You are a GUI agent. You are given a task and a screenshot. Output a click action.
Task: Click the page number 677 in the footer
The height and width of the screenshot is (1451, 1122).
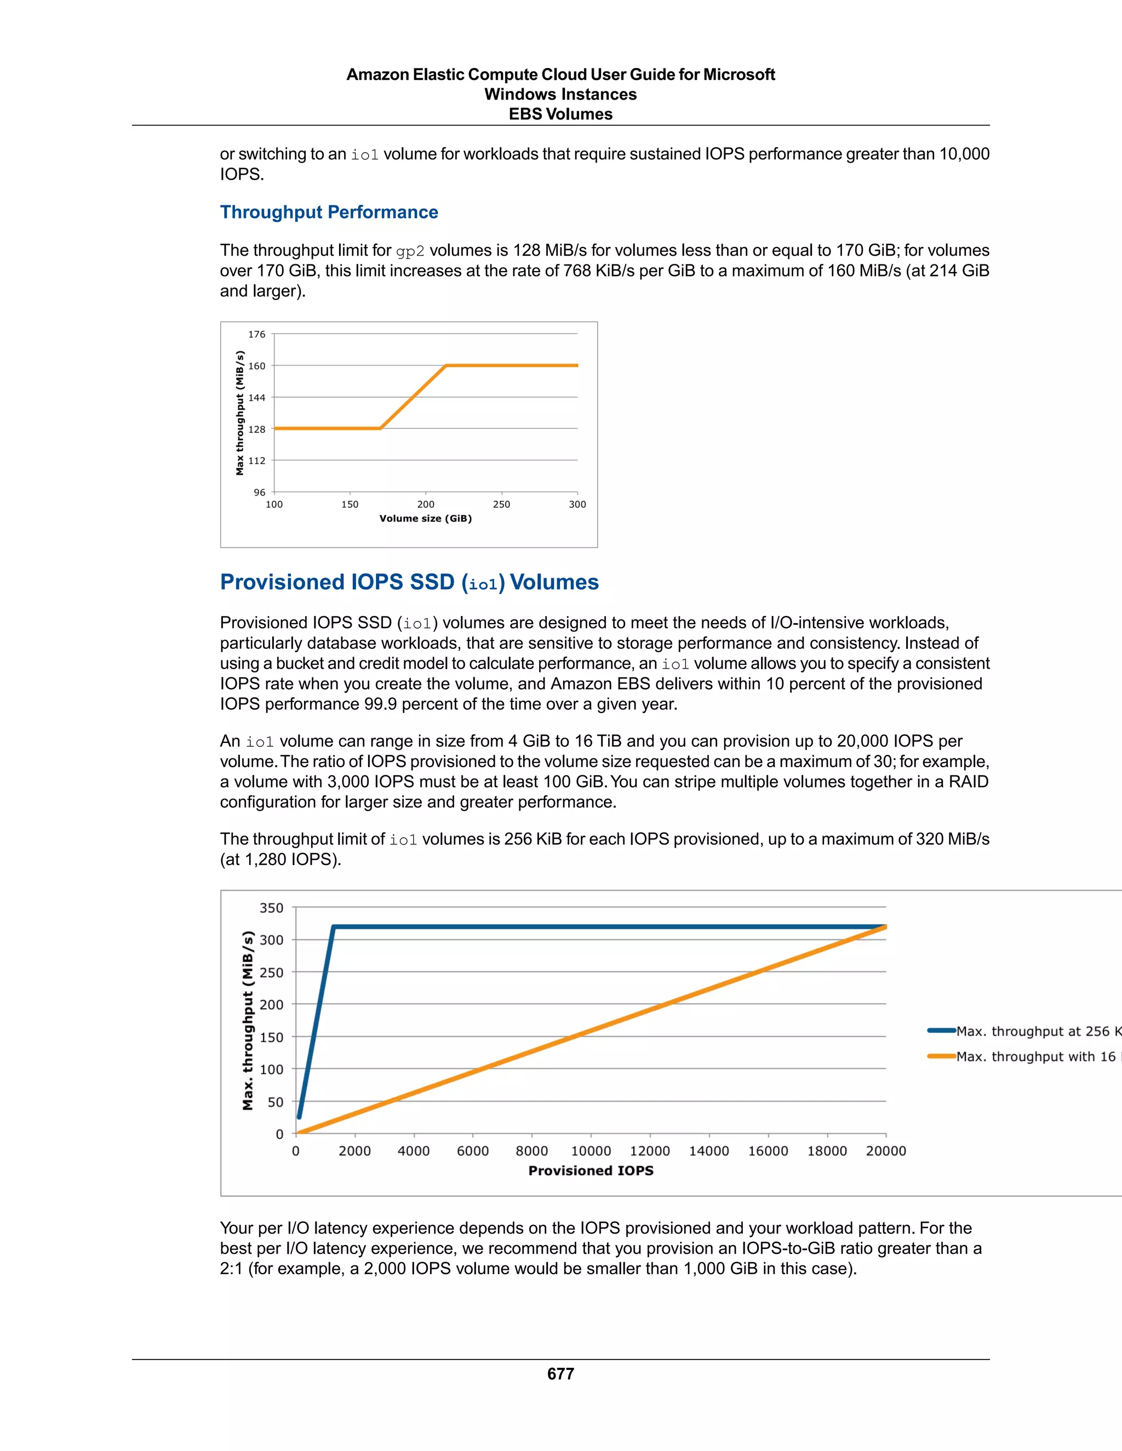click(x=560, y=1374)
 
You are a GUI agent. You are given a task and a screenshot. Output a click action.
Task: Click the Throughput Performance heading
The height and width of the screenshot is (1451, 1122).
click(x=329, y=212)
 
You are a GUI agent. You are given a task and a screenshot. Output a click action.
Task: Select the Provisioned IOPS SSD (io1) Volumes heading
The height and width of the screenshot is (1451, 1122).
click(x=409, y=582)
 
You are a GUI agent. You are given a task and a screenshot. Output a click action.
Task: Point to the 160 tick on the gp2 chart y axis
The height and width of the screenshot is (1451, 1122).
click(x=256, y=366)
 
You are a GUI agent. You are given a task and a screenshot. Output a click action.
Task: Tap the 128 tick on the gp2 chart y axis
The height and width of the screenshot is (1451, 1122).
click(x=256, y=429)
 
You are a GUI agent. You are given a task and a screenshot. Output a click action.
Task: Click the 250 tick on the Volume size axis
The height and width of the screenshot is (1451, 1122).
click(x=501, y=504)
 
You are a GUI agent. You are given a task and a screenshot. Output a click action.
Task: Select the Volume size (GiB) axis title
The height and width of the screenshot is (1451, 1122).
click(x=425, y=518)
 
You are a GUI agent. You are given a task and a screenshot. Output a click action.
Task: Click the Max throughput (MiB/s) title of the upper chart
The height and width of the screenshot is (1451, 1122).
click(x=239, y=413)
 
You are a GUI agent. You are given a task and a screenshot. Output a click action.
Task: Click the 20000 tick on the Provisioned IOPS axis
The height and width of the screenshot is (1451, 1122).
click(x=885, y=1151)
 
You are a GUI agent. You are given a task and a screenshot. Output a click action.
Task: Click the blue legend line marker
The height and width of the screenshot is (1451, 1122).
click(x=941, y=1031)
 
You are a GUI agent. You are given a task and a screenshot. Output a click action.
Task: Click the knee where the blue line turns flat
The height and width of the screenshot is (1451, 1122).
click(x=334, y=927)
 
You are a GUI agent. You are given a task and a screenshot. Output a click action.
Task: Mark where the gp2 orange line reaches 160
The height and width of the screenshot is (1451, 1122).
click(x=446, y=365)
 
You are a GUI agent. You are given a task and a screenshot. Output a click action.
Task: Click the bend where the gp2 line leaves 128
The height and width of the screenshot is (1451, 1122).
click(x=380, y=429)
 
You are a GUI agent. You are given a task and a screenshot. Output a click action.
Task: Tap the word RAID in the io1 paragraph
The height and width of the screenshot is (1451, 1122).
click(x=969, y=781)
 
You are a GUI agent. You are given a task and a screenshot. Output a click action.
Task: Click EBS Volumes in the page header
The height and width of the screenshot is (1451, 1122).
click(x=560, y=114)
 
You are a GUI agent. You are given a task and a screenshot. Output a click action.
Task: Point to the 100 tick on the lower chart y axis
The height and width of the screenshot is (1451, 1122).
click(x=271, y=1070)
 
